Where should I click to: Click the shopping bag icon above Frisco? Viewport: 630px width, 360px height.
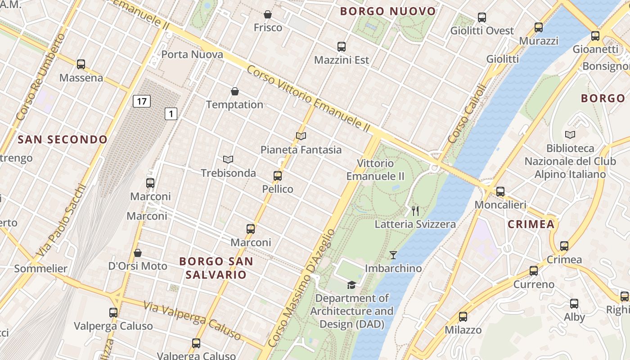[x=268, y=14]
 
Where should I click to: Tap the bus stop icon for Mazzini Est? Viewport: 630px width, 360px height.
[x=342, y=46]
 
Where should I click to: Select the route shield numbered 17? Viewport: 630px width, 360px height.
[x=141, y=101]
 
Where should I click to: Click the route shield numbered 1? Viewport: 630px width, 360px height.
[x=171, y=114]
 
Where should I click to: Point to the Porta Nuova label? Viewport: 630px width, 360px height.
[x=192, y=54]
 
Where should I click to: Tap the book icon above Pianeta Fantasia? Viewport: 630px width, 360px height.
[x=301, y=136]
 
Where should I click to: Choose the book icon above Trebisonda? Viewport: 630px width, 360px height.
[x=228, y=159]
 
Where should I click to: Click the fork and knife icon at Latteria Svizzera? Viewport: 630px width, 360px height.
[x=415, y=211]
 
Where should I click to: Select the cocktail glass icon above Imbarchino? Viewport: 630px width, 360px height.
[x=393, y=255]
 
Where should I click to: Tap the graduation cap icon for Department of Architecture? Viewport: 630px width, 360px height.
[x=351, y=285]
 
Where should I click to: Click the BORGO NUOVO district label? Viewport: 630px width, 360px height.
[x=388, y=11]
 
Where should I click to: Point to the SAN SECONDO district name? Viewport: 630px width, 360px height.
[x=63, y=139]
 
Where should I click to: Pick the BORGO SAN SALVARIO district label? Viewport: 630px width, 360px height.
[x=216, y=268]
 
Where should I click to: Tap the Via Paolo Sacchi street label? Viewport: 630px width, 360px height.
[x=61, y=220]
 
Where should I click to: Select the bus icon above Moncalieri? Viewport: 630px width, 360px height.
[x=500, y=192]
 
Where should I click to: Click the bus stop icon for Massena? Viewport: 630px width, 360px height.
[x=81, y=64]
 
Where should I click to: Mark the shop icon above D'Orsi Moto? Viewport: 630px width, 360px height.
[x=138, y=253]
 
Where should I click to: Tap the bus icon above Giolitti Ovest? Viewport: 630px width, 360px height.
[x=482, y=18]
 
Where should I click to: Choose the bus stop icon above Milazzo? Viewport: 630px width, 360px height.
[x=463, y=317]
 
